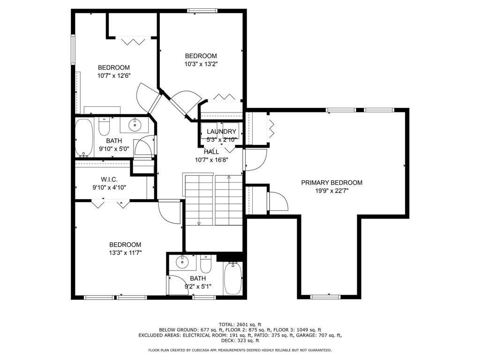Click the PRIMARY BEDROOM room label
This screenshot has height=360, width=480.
pyautogui.click(x=332, y=183)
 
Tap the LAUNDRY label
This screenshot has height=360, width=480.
pyautogui.click(x=221, y=132)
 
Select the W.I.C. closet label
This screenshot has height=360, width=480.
pyautogui.click(x=109, y=180)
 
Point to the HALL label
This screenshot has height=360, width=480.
pyautogui.click(x=211, y=152)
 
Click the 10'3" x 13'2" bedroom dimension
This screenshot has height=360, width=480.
pyautogui.click(x=201, y=64)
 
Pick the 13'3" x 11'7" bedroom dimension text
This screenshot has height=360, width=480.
pyautogui.click(x=125, y=253)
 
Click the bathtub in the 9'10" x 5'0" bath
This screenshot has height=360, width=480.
pyautogui.click(x=84, y=138)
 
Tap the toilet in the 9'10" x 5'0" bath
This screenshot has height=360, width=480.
pyautogui.click(x=104, y=127)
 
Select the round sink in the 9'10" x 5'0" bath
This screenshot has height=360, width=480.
pyautogui.click(x=134, y=124)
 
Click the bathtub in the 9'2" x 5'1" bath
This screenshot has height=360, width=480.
pyautogui.click(x=232, y=278)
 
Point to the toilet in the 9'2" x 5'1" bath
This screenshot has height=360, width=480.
pyautogui.click(x=206, y=264)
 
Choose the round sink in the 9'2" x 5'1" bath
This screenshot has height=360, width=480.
pyautogui.click(x=182, y=262)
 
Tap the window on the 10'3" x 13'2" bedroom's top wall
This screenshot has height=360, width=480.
pyautogui.click(x=202, y=11)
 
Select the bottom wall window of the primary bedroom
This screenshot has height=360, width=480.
pyautogui.click(x=325, y=297)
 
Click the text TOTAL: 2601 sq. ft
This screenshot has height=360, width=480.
pyautogui.click(x=240, y=324)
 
